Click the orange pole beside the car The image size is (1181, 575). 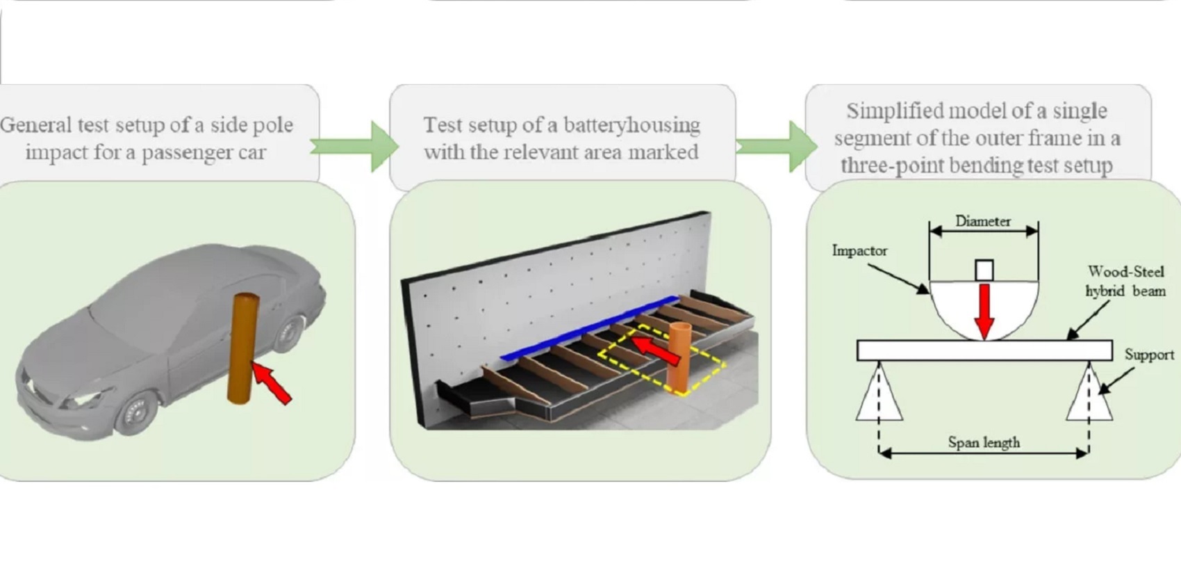[x=243, y=349]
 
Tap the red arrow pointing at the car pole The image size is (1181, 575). [x=271, y=382]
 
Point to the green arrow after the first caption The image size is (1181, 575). [x=354, y=146]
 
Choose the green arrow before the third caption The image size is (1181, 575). [x=777, y=146]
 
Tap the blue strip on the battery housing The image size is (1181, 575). [x=589, y=328]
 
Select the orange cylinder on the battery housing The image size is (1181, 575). [x=680, y=357]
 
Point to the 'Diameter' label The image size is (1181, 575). [x=983, y=222]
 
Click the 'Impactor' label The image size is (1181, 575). [x=859, y=250]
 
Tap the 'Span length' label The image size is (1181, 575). [x=984, y=443]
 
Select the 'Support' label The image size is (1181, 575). [x=1149, y=355]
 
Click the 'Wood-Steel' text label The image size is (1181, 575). [x=1126, y=272]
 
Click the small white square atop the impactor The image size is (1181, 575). [x=984, y=270]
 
